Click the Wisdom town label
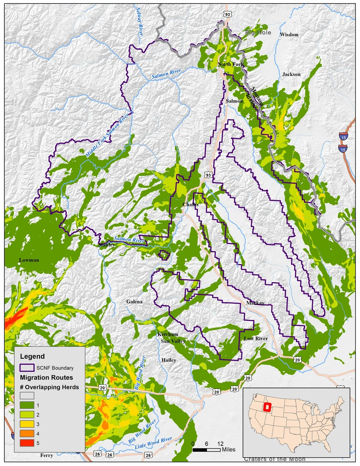point(289,35)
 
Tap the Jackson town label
point(291,74)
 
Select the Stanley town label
point(107,245)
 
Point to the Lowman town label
point(29,260)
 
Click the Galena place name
point(134,302)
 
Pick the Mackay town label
point(255,303)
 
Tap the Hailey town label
point(169,360)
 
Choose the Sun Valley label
point(173,341)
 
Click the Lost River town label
point(256,339)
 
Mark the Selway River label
point(140,21)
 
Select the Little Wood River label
point(154,443)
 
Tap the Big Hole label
point(258,32)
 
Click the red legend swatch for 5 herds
point(27,443)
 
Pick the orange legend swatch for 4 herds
point(27,434)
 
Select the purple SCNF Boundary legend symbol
point(27,368)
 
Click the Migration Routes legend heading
point(46,377)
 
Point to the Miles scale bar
point(207,450)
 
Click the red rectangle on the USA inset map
point(267,407)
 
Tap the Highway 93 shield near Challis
point(208,175)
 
